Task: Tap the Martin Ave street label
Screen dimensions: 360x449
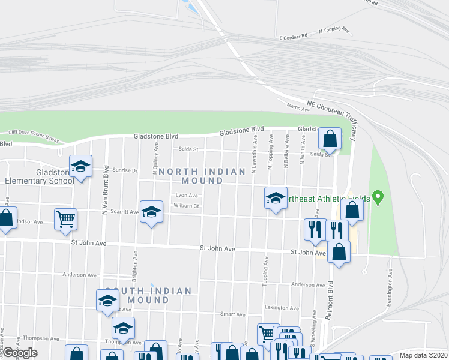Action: pyautogui.click(x=298, y=108)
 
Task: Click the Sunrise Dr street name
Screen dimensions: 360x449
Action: pyautogui.click(x=125, y=170)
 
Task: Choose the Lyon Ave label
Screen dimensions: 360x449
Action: pyautogui.click(x=186, y=195)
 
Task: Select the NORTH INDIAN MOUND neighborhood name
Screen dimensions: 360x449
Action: pyautogui.click(x=202, y=176)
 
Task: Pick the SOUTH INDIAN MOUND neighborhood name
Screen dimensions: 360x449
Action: pyautogui.click(x=148, y=295)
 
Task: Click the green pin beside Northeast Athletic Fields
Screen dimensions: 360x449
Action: pyautogui.click(x=378, y=196)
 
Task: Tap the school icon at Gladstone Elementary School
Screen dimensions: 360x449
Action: pyautogui.click(x=80, y=166)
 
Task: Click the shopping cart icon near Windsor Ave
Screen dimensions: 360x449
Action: pyautogui.click(x=65, y=218)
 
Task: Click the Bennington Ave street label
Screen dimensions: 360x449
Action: pyautogui.click(x=390, y=281)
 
